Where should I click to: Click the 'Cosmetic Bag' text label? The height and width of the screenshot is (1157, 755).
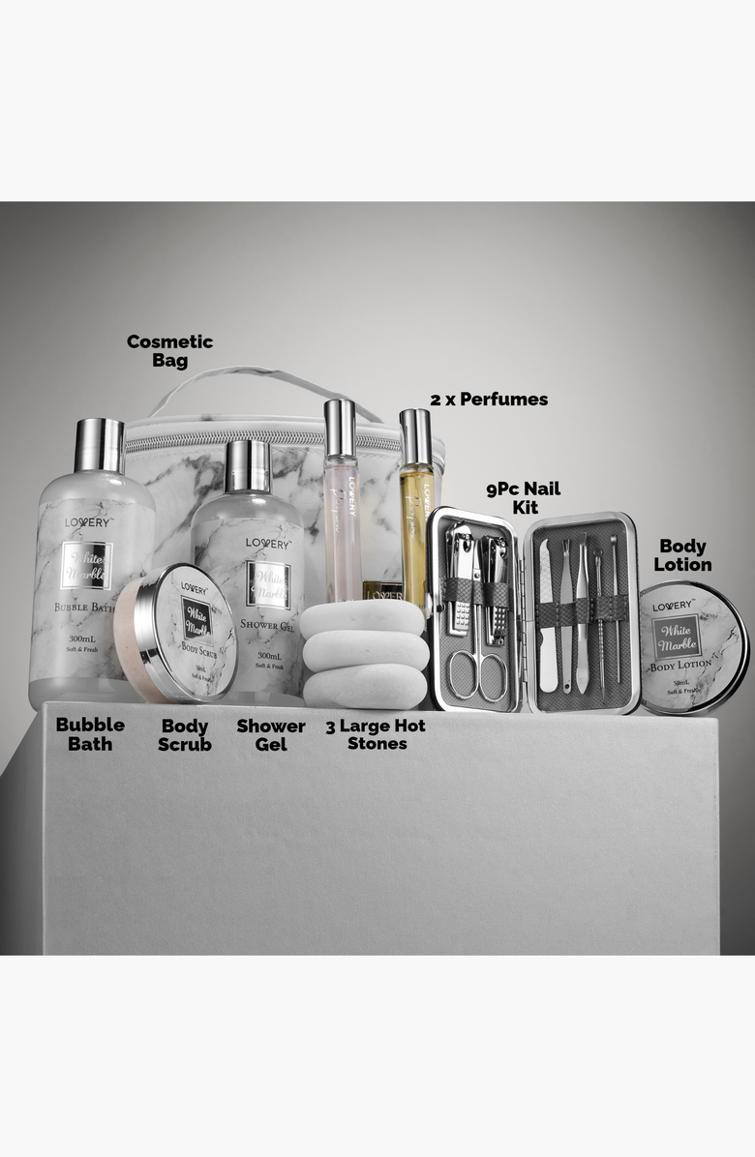(x=169, y=350)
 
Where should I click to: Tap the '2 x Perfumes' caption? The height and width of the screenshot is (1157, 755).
(x=489, y=399)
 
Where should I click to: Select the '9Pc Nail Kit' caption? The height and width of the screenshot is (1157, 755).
(x=523, y=497)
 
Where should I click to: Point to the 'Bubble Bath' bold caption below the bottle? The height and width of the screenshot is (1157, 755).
(x=90, y=734)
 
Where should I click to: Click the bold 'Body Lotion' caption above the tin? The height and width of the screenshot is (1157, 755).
(x=682, y=555)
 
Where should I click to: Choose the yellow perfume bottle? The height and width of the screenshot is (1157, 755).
(x=416, y=522)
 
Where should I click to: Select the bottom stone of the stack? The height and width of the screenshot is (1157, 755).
(x=365, y=686)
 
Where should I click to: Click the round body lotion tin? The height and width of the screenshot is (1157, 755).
(x=692, y=648)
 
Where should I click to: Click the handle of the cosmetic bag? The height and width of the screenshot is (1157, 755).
(x=252, y=382)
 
